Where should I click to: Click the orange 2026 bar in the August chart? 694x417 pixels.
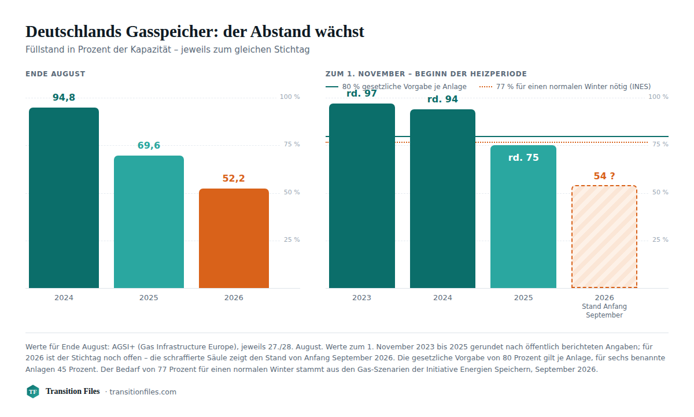point(234,238)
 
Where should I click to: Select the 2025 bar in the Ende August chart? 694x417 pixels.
point(149,222)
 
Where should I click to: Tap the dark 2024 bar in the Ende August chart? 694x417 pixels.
point(64,198)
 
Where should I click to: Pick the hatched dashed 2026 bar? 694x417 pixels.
point(604,237)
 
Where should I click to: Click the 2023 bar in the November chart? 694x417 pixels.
point(362,196)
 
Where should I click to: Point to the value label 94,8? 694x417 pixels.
point(64,97)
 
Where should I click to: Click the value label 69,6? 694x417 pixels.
point(149,145)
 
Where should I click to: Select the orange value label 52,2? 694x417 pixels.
point(234,178)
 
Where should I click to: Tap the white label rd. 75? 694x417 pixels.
point(523,157)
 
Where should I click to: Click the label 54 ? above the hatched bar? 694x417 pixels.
point(604,176)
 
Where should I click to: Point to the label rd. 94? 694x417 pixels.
point(442,99)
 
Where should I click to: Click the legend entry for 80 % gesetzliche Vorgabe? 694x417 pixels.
point(396,87)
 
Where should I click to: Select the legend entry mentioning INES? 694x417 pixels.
point(565,87)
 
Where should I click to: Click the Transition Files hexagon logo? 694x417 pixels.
point(33,392)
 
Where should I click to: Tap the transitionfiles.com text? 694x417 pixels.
point(143,392)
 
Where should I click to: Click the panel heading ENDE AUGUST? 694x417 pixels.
point(55,73)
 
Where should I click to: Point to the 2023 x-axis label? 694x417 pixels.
point(361,298)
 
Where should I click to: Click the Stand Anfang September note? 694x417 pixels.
point(604,311)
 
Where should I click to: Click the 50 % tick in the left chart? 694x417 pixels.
point(292,193)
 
